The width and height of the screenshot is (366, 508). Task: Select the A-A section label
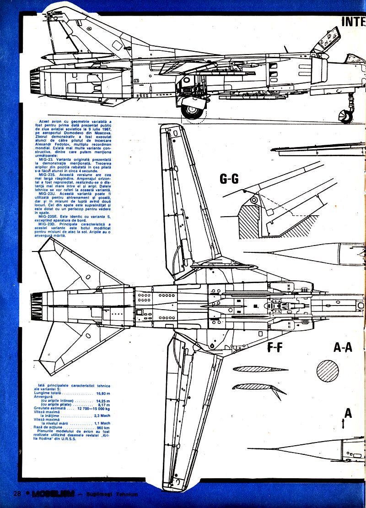click(x=343, y=348)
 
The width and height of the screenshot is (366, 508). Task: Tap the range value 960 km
click(x=104, y=427)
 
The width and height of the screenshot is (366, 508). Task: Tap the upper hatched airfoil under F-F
click(x=254, y=369)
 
